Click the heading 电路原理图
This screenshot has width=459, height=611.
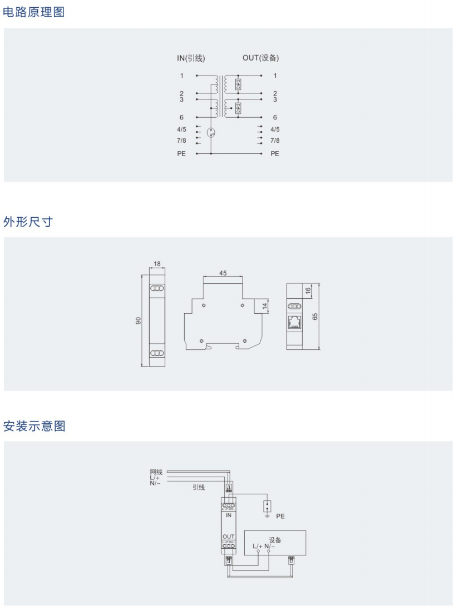click(34, 12)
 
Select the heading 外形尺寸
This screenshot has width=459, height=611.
click(28, 222)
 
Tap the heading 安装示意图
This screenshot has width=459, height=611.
click(34, 426)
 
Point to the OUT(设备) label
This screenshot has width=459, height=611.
click(260, 58)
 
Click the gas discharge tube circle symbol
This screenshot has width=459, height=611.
click(211, 133)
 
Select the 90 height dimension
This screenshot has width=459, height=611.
click(139, 320)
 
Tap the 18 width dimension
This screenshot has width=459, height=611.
click(157, 264)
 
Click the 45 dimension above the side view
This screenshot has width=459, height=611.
click(223, 273)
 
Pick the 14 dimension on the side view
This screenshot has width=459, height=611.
click(265, 305)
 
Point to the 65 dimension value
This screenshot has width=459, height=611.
click(315, 316)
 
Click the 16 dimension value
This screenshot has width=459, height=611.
click(308, 291)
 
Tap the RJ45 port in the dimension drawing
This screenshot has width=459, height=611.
click(294, 322)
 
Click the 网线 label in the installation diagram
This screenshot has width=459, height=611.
click(155, 472)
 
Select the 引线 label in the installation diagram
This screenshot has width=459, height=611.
click(199, 487)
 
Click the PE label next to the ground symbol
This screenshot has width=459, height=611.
click(280, 516)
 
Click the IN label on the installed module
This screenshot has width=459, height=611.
click(228, 515)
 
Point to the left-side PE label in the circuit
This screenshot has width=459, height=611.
click(181, 153)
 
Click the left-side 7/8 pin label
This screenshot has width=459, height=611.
click(181, 141)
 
